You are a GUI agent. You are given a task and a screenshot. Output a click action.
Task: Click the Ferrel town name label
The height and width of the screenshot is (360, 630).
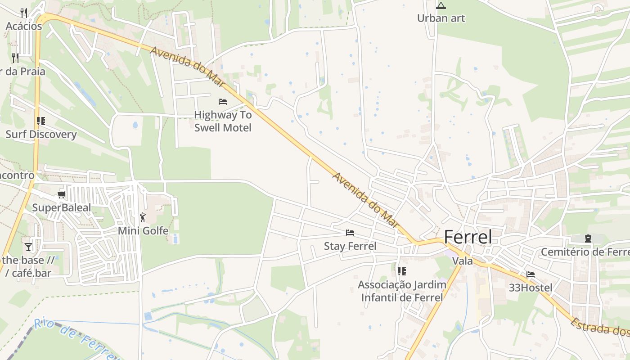coord(468,237)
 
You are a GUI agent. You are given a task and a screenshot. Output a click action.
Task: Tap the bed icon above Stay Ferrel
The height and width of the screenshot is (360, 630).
coord(350,233)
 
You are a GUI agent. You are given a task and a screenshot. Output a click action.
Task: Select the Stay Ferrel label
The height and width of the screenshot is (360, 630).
coord(350,246)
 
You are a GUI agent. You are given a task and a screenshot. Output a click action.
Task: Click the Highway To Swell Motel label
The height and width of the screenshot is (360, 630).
coord(223,121)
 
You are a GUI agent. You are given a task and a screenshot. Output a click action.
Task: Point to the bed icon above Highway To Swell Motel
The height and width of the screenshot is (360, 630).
coord(223,102)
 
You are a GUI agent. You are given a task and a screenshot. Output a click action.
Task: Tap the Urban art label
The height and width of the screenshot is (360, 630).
coord(441,18)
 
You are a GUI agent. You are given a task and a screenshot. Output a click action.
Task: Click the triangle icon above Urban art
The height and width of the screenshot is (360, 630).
coord(441,5)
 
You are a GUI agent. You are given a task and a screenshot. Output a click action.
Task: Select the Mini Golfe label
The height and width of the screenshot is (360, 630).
coord(143,231)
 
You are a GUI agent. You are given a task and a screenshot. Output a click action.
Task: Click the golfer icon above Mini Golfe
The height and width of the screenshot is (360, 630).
coord(143,217)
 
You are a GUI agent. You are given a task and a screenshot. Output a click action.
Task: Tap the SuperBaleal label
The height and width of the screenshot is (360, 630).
coord(61,208)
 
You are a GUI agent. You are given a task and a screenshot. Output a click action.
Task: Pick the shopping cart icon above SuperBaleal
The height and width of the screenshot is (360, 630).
coord(61,195)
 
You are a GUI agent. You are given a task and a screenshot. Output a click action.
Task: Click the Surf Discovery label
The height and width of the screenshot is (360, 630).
coord(41,135)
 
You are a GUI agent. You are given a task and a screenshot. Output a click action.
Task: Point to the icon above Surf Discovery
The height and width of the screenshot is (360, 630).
coord(41,121)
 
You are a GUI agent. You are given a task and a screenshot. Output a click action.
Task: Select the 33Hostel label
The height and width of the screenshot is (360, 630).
coord(531,287)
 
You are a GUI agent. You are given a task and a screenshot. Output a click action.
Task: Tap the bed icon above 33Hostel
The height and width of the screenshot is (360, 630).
coord(531,274)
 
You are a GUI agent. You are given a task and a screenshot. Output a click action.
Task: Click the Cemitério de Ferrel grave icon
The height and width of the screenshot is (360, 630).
coord(588,238)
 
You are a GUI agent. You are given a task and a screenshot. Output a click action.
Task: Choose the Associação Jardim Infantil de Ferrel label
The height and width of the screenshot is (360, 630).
coord(402,291)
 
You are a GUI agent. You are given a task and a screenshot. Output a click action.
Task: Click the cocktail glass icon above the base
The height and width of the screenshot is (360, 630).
coord(28,247)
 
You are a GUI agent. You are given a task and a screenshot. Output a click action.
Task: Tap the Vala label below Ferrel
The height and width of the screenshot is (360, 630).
coord(463,261)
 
